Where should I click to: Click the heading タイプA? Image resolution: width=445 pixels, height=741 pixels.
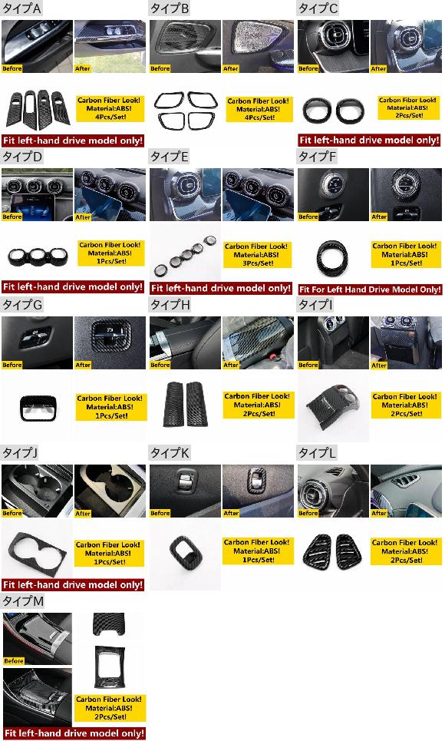tap(21, 8)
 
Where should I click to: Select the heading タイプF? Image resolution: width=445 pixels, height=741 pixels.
tap(318, 157)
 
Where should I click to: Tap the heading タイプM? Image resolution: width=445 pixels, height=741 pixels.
tap(23, 601)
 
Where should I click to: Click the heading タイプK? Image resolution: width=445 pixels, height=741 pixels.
tap(170, 453)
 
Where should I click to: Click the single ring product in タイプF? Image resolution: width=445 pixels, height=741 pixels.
tap(332, 257)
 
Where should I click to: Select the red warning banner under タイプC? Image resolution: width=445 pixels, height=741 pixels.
tap(369, 140)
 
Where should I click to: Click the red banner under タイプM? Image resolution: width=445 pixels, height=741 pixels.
tap(73, 733)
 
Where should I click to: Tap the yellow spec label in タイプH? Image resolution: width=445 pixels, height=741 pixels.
tap(258, 405)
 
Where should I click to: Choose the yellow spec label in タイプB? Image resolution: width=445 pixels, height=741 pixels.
tap(258, 109)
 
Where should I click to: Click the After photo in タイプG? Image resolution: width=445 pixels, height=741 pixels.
tap(110, 342)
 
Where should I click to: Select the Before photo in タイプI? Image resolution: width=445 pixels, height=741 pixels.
tap(333, 342)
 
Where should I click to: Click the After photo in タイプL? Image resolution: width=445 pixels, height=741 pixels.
tap(407, 491)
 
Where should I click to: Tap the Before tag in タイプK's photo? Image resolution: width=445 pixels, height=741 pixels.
tap(160, 513)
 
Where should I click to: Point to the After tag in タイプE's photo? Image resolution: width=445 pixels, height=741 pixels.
tap(230, 217)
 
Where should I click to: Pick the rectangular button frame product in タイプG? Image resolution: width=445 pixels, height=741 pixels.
tap(37, 408)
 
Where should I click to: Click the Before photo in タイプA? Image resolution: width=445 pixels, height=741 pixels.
tap(38, 46)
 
